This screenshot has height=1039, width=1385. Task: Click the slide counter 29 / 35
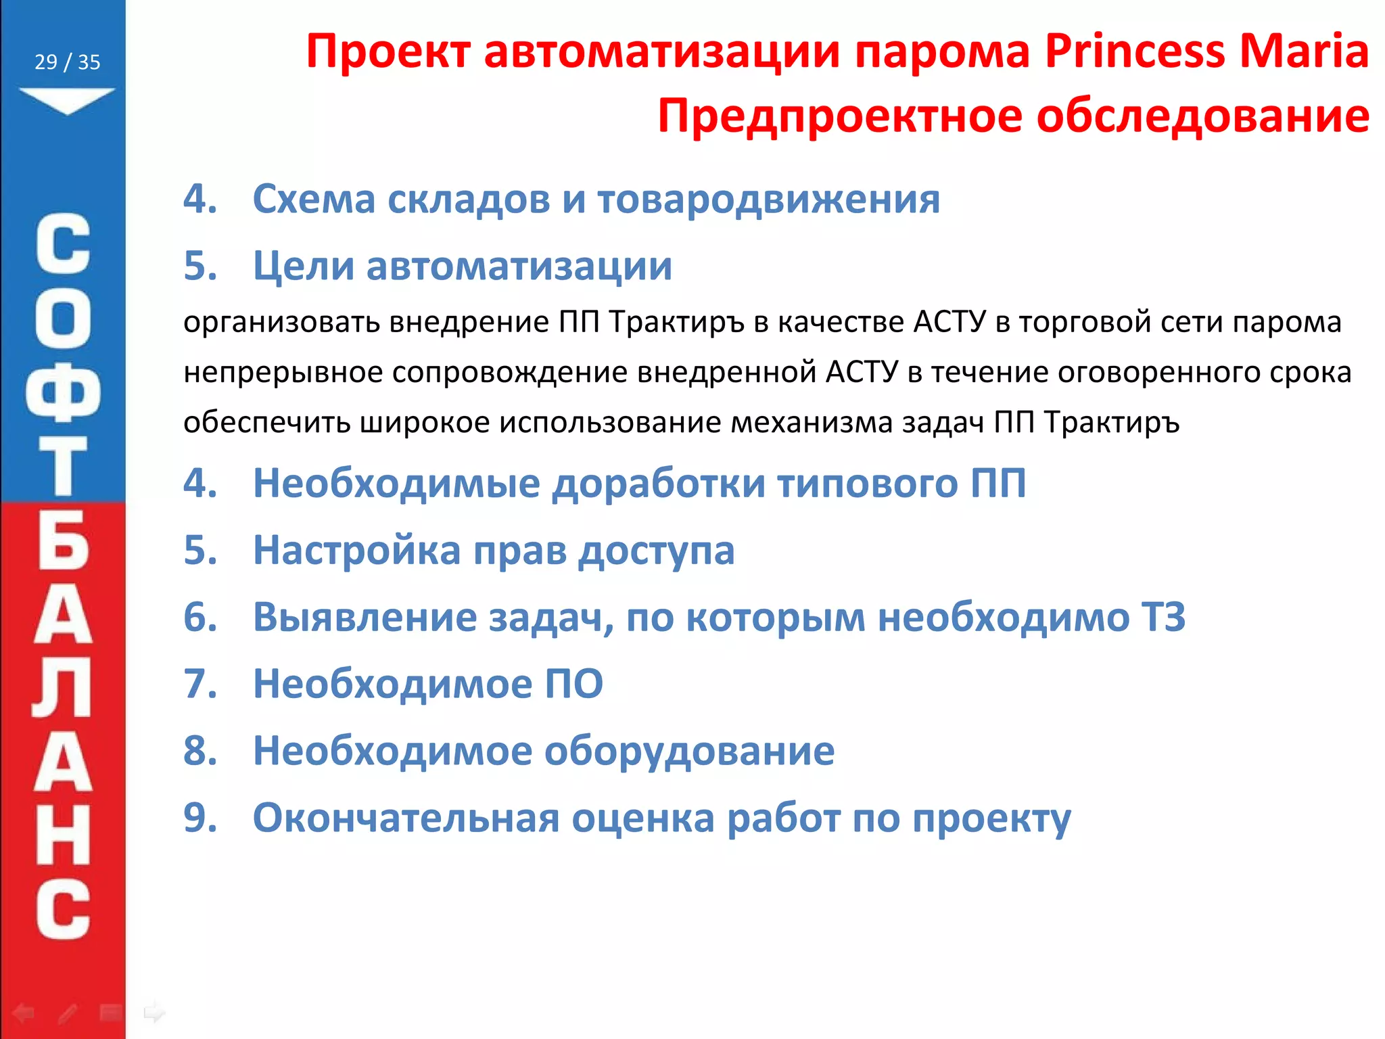tap(67, 62)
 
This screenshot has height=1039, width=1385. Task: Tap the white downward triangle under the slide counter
tap(67, 99)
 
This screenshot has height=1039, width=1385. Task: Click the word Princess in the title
tap(1135, 52)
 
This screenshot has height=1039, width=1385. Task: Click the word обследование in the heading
tap(1203, 116)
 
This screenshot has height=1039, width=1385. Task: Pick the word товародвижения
tap(768, 200)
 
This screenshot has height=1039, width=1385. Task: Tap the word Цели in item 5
tap(303, 266)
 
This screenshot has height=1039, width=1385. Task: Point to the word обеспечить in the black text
tap(266, 423)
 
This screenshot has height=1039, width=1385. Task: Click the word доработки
tap(658, 484)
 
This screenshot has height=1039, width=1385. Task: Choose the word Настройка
tap(356, 550)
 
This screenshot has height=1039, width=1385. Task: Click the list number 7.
tap(199, 684)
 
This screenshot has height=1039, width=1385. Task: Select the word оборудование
tap(689, 751)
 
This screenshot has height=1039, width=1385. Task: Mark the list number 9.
tap(199, 818)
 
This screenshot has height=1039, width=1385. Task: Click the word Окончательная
tap(406, 818)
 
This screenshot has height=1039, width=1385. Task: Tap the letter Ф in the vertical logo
tap(63, 394)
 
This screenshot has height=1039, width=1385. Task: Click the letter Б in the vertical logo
tap(63, 541)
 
